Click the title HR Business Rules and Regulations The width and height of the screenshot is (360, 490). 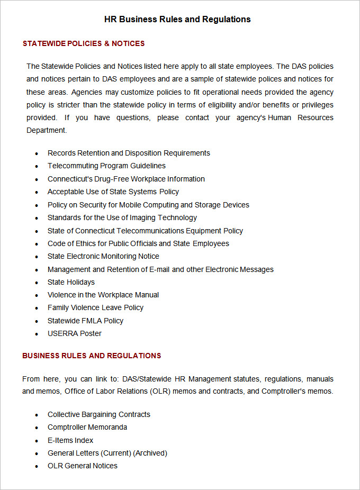[177, 19]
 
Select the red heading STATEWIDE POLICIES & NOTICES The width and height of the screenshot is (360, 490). [84, 43]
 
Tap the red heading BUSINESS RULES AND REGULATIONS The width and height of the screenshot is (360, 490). [92, 356]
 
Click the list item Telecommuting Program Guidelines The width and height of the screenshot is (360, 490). [106, 166]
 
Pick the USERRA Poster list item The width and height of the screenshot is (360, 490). [75, 333]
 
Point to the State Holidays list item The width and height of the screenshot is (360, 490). [71, 282]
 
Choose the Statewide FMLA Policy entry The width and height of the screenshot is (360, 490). [85, 321]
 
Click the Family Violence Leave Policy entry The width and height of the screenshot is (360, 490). [95, 307]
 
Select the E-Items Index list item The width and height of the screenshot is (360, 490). [70, 440]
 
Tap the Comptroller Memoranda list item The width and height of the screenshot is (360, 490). [87, 427]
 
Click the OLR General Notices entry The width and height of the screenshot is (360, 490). [83, 466]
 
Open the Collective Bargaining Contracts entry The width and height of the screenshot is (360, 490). [99, 414]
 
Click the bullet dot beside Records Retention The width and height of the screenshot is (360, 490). [37, 153]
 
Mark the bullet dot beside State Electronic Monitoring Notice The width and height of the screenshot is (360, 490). [37, 257]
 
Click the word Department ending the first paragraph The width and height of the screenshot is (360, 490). [47, 130]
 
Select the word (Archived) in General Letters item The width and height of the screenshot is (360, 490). [150, 453]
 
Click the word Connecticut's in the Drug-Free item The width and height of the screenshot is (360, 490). [66, 179]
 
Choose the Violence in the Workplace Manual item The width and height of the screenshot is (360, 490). [103, 295]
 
